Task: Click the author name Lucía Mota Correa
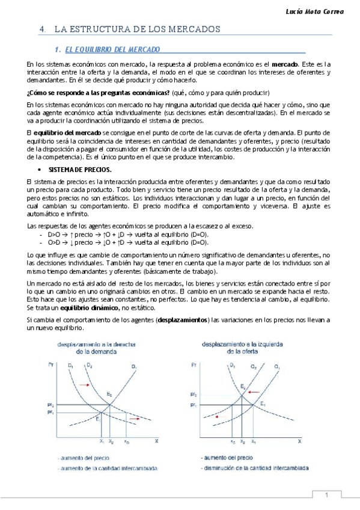(322, 12)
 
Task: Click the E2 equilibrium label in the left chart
(109, 393)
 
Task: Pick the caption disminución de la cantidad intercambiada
(254, 467)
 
